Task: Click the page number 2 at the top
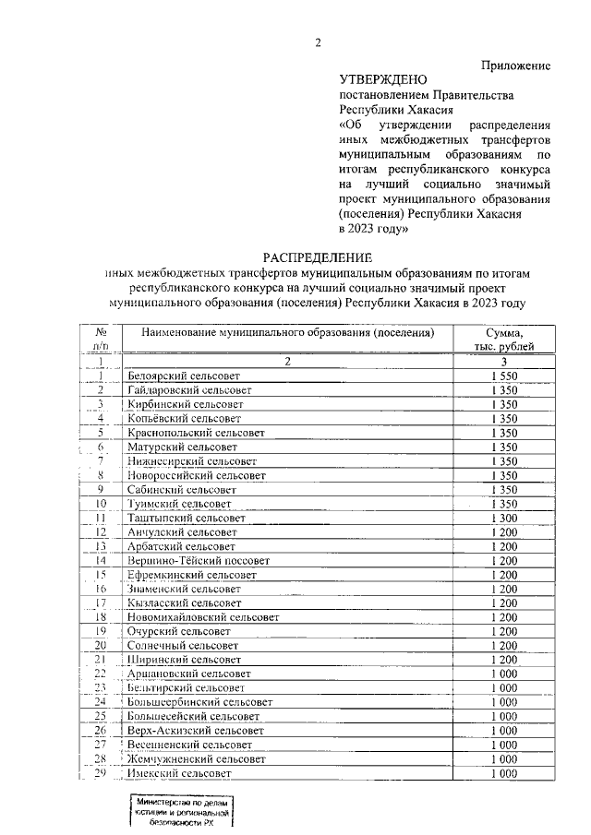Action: (x=317, y=42)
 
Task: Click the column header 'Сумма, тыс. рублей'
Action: (x=510, y=339)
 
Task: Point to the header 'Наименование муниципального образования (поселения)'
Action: (x=287, y=332)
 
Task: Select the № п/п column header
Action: (x=101, y=339)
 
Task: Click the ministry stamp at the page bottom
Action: (x=180, y=816)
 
